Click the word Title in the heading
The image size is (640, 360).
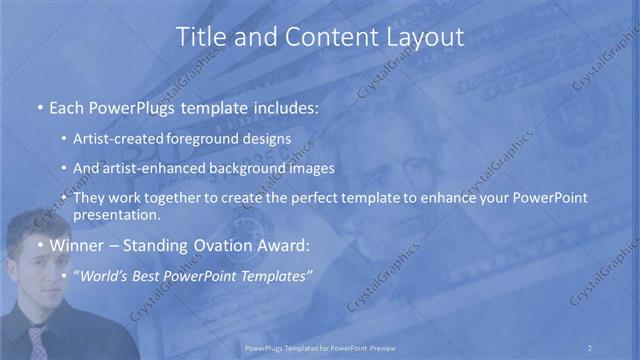(x=201, y=37)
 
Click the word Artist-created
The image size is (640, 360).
(x=116, y=139)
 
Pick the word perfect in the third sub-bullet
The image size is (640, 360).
(x=323, y=198)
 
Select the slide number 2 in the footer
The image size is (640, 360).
(x=589, y=347)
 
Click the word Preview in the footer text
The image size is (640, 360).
(x=378, y=347)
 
